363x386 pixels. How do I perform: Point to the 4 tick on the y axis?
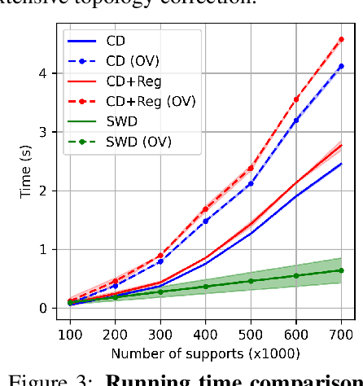[x=50, y=73]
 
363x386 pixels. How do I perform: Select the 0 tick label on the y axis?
[x=50, y=308]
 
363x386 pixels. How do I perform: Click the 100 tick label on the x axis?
[x=72, y=333]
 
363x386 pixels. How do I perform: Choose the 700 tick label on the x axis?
[x=340, y=333]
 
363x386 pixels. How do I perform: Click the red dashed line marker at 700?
[x=340, y=39]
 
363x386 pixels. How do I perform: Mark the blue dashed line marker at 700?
[x=340, y=66]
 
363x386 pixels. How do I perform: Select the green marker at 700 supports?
[x=340, y=270]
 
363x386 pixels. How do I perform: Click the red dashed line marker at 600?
[x=296, y=99]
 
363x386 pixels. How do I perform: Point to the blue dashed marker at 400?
[x=206, y=221]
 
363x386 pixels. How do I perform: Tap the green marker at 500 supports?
[x=251, y=281]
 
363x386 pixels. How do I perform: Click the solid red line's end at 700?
[x=340, y=145]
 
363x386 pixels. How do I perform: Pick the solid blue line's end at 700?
[x=340, y=164]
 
